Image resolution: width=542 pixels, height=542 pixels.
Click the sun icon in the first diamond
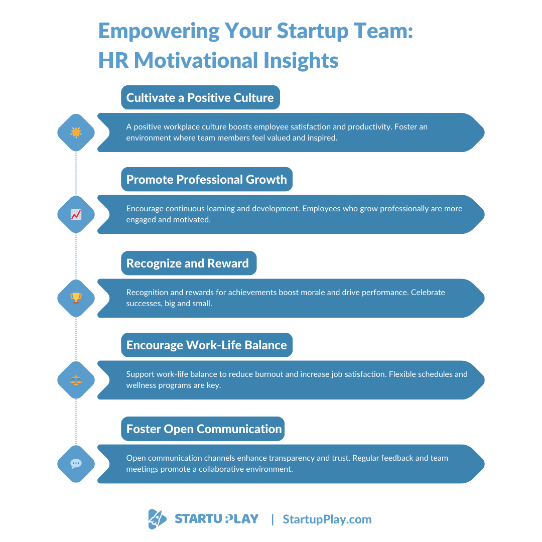click(x=76, y=132)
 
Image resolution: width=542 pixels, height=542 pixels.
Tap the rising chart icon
click(x=76, y=214)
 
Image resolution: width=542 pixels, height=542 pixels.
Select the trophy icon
click(x=76, y=298)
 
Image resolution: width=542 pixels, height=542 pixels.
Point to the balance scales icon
click(x=76, y=380)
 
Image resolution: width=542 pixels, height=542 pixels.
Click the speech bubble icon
click(x=76, y=464)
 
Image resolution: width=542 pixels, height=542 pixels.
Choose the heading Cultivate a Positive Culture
click(x=200, y=97)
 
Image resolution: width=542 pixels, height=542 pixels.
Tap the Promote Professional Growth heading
click(x=206, y=179)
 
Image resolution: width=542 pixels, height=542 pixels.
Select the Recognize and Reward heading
click(x=188, y=263)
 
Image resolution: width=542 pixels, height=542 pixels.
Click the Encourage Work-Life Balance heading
click(x=206, y=345)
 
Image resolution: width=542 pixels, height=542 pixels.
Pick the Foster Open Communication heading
click(x=204, y=429)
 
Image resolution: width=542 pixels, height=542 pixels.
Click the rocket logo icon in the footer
click(x=157, y=519)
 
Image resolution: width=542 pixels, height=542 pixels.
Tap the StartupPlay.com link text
click(x=327, y=519)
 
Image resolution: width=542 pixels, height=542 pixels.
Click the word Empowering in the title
click(x=159, y=31)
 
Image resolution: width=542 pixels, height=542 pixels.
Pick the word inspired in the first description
click(x=321, y=138)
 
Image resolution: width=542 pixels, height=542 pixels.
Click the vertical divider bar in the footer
click(x=273, y=519)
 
